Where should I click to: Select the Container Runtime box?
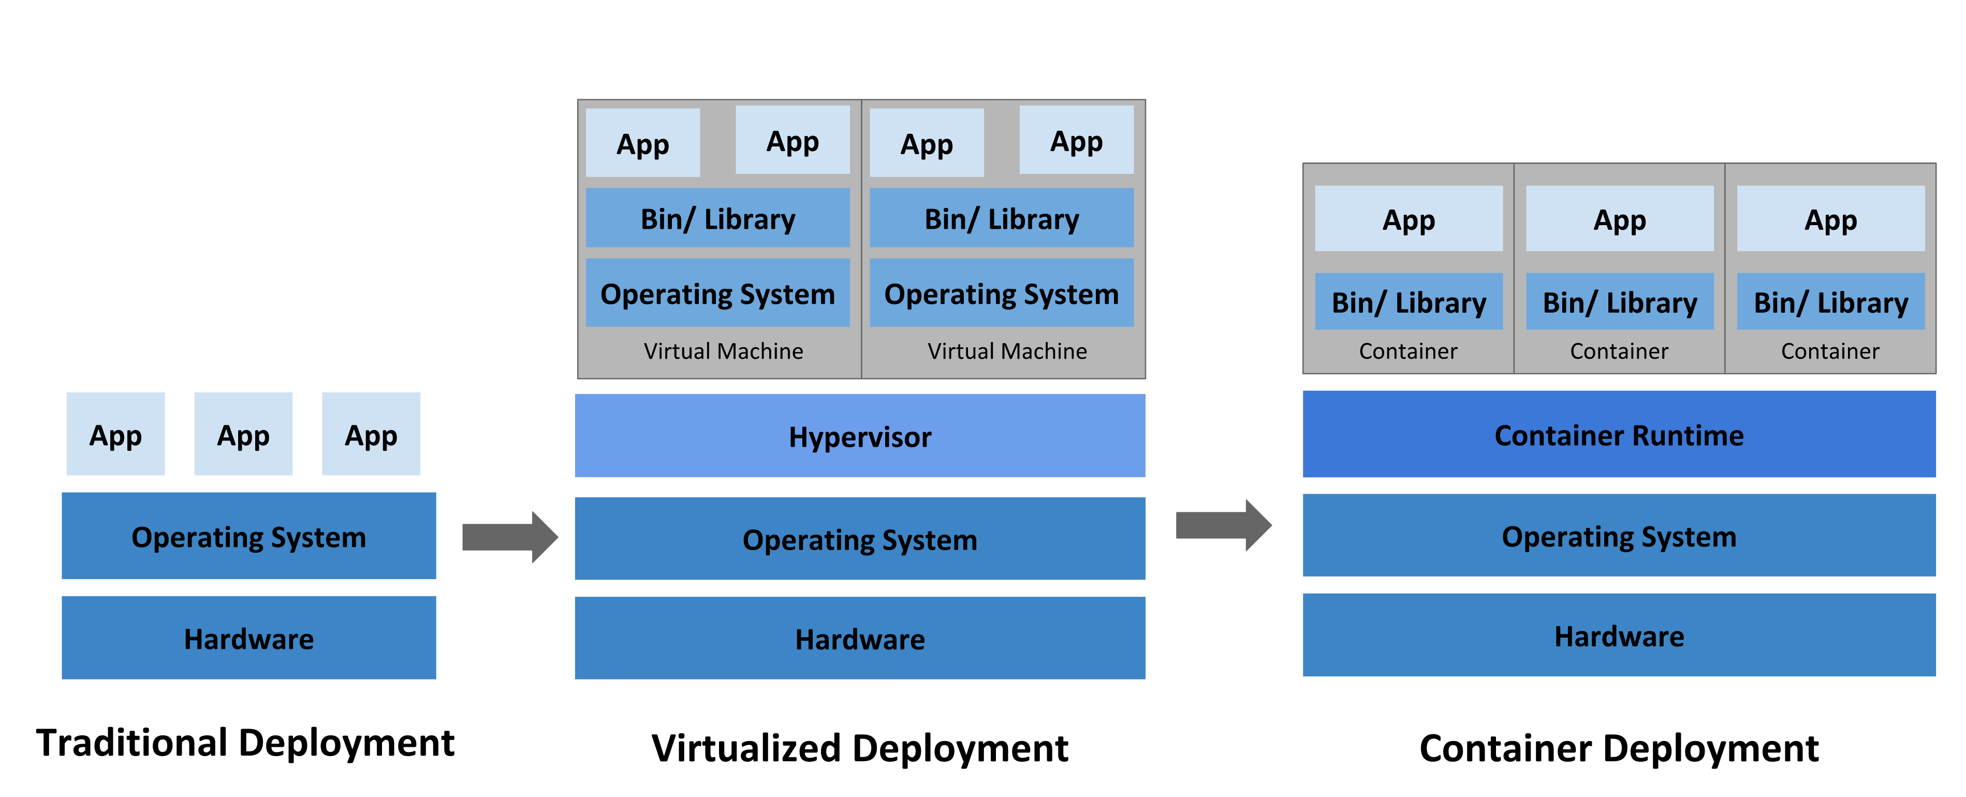point(1619,434)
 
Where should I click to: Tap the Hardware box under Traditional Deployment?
point(249,638)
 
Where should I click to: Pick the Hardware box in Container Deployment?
point(1619,636)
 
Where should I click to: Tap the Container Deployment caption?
point(1619,747)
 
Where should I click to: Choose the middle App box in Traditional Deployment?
point(243,434)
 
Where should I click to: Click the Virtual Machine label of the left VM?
point(723,351)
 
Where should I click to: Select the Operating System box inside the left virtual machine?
point(717,293)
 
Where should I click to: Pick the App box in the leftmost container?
point(1408,219)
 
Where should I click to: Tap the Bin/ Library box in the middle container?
point(1620,302)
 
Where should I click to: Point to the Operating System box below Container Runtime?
point(1619,536)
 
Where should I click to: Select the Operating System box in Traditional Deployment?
point(249,536)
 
